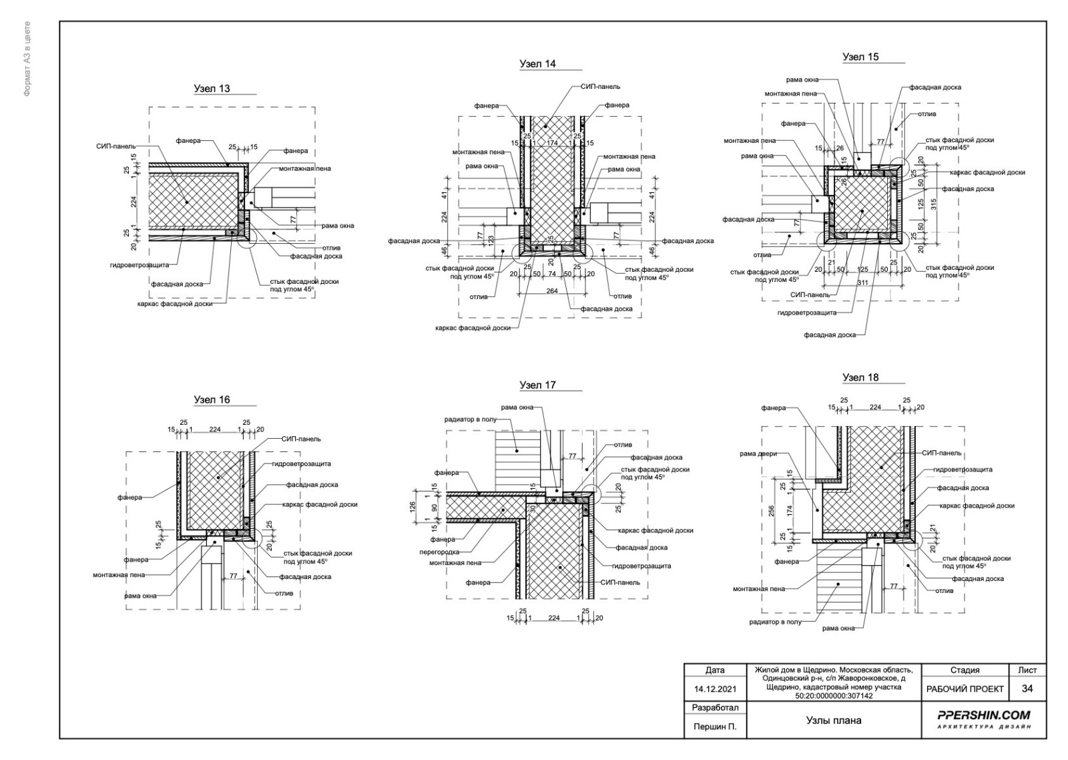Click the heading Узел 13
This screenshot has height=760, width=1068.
(212, 88)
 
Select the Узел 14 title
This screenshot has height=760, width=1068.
(537, 64)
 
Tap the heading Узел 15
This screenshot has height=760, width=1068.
(860, 57)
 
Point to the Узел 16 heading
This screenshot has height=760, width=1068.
(212, 399)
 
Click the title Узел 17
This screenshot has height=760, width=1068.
(537, 385)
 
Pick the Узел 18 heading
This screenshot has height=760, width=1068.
(860, 377)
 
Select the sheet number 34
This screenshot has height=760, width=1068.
(1027, 689)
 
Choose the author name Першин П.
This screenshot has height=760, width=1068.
(714, 727)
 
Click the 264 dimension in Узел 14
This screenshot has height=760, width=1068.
(552, 291)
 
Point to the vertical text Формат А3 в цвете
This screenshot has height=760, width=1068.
(27, 59)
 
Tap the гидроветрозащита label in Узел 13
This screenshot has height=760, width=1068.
(144, 265)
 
